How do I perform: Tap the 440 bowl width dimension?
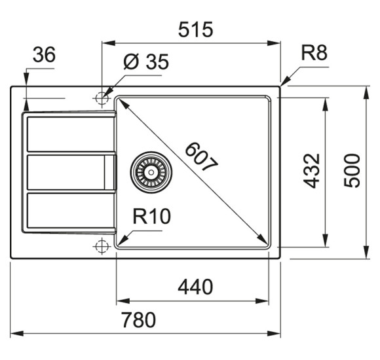[195, 287]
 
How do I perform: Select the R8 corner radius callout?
[313, 54]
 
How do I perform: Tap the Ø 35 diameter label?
[145, 63]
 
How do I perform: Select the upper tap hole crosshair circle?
[101, 98]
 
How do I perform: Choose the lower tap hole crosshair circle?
[101, 246]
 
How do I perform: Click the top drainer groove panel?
[66, 135]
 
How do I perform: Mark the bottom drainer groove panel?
[66, 212]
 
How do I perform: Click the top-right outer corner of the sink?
[280, 86]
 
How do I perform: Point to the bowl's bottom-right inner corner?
[268, 247]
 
